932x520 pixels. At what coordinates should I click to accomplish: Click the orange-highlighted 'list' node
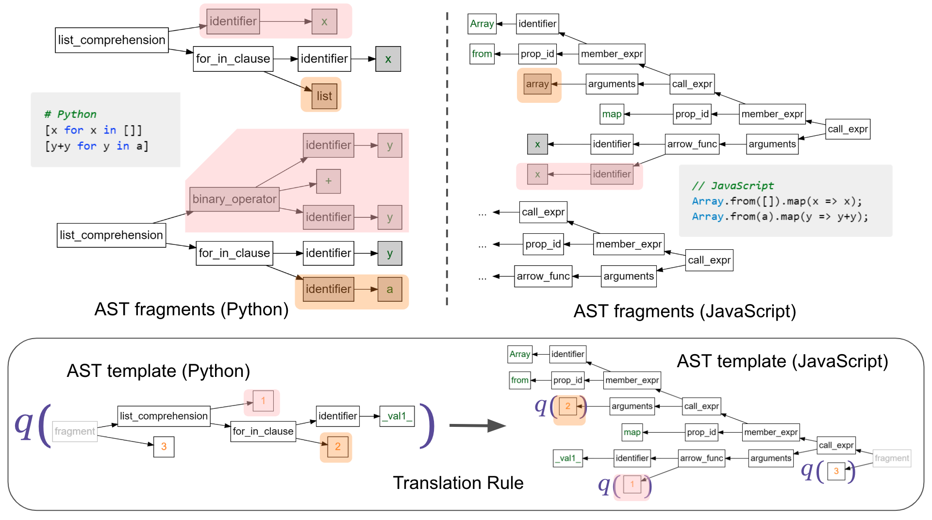click(324, 96)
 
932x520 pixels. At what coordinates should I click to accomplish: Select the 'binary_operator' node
click(234, 199)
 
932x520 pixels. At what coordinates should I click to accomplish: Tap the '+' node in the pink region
click(328, 181)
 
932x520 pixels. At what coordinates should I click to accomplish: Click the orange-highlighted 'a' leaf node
click(389, 289)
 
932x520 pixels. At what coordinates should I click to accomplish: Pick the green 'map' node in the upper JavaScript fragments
click(611, 114)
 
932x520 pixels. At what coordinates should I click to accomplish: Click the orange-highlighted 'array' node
click(537, 84)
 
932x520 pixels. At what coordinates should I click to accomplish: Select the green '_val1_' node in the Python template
click(397, 416)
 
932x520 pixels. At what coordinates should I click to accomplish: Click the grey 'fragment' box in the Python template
click(74, 431)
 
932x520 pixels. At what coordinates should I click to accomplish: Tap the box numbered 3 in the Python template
click(164, 446)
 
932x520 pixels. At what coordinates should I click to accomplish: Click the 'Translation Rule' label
click(458, 483)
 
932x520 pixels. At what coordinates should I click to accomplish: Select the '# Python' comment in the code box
click(70, 114)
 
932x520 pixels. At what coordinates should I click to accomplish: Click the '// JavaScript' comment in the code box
click(732, 185)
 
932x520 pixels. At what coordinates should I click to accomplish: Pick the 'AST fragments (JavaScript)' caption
click(684, 311)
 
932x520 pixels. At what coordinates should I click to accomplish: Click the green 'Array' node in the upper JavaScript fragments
click(482, 24)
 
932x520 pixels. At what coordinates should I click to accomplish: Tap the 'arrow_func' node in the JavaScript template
click(701, 458)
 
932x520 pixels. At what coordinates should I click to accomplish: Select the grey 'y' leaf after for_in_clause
click(389, 253)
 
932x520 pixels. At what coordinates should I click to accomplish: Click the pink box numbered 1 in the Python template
click(263, 401)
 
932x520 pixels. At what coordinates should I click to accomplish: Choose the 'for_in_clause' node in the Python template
click(263, 431)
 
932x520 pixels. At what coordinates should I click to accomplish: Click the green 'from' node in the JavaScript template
click(519, 380)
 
